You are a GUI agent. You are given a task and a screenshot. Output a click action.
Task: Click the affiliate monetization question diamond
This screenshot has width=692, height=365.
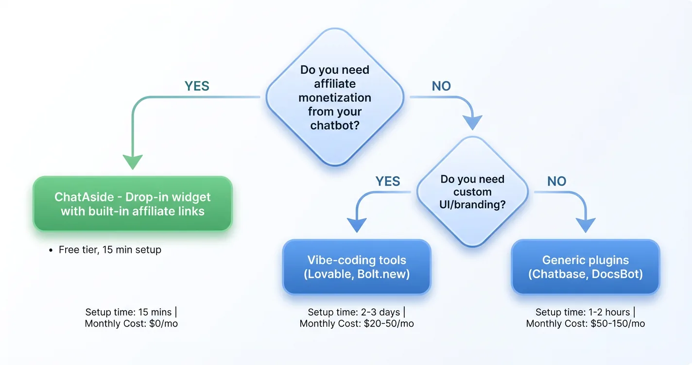pyautogui.click(x=335, y=97)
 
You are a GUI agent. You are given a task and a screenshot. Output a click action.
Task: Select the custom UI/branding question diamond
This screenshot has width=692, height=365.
pyautogui.click(x=472, y=192)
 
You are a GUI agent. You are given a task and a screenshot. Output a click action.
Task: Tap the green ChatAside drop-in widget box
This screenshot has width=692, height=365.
pyautogui.click(x=133, y=204)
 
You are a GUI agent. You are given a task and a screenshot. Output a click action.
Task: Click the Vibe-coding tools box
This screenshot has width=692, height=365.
pyautogui.click(x=357, y=267)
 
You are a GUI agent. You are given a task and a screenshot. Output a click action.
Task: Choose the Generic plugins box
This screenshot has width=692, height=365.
pyautogui.click(x=585, y=267)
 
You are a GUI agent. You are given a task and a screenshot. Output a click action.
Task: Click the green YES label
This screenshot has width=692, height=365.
pyautogui.click(x=197, y=86)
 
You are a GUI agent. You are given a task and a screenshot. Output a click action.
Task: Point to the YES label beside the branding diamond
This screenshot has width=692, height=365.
pyautogui.click(x=387, y=182)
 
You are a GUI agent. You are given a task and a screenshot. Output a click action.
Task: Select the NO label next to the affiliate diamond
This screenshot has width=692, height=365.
pyautogui.click(x=441, y=86)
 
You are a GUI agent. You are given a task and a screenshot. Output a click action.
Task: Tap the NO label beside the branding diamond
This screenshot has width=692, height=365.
pyautogui.click(x=556, y=182)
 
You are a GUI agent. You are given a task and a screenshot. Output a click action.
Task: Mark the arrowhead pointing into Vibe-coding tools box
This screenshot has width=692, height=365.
pyautogui.click(x=357, y=225)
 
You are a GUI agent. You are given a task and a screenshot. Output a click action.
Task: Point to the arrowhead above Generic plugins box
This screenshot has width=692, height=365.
pyautogui.click(x=585, y=225)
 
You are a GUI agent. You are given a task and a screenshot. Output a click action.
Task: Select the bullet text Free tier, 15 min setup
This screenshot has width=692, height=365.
pyautogui.click(x=110, y=250)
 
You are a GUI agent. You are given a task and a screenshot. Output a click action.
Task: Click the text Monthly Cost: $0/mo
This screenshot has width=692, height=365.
pyautogui.click(x=131, y=323)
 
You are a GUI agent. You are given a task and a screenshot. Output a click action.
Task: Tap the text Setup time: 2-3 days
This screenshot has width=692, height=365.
pyautogui.click(x=355, y=312)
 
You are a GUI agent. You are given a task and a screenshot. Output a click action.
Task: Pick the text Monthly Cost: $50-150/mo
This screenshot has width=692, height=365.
pyautogui.click(x=585, y=324)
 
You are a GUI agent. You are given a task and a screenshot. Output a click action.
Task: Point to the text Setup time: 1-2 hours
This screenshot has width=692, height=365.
pyautogui.click(x=583, y=312)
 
